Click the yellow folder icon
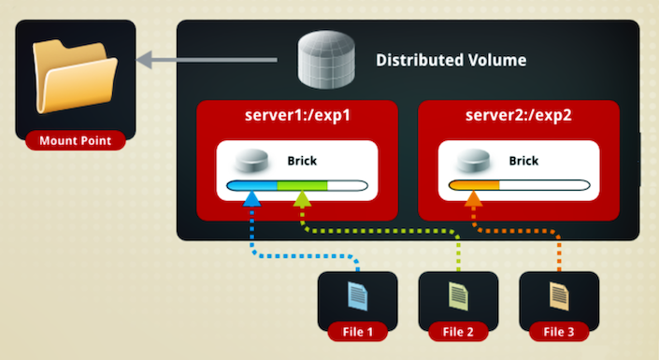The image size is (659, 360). pos(75,77)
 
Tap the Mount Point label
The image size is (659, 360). pos(75,140)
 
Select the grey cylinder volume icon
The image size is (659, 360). pos(326,59)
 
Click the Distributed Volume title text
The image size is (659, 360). pos(451,60)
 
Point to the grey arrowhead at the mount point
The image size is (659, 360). pos(144,60)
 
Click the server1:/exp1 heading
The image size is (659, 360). pos(297,115)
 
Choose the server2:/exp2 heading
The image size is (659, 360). pos(519,115)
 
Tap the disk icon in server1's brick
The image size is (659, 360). pos(251,160)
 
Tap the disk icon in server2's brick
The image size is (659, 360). pos(473,160)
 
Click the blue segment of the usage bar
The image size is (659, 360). pos(251,185)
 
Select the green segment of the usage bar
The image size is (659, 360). pos(302,185)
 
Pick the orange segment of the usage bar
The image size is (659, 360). pos(474,185)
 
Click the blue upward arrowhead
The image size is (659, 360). pos(251,199)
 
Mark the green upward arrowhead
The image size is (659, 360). pos(302,199)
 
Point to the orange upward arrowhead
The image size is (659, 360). pos(474,198)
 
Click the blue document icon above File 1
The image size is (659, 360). pos(358,296)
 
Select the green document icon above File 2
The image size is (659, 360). pos(459,296)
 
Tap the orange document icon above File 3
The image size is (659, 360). pos(559,296)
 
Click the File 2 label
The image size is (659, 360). pos(458,332)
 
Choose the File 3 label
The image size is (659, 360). pos(559,332)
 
